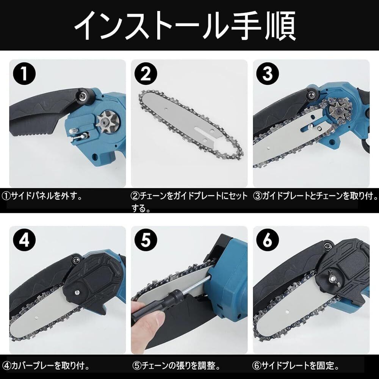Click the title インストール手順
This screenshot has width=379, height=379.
pyautogui.click(x=185, y=26)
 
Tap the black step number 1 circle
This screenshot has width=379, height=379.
pyautogui.click(x=24, y=74)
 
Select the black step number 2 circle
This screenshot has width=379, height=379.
pyautogui.click(x=146, y=74)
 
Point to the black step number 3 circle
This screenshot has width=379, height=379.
pyautogui.click(x=268, y=74)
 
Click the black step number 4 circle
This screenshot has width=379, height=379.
pyautogui.click(x=24, y=240)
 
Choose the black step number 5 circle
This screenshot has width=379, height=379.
pyautogui.click(x=146, y=240)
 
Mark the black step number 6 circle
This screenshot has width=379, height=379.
pyautogui.click(x=268, y=240)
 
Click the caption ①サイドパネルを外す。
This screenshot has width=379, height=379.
pyautogui.click(x=42, y=196)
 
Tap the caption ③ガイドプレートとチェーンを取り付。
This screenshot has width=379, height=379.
pyautogui.click(x=315, y=196)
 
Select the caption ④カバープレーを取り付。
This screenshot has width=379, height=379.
pyautogui.click(x=46, y=366)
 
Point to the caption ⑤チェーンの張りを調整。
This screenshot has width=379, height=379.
pyautogui.click(x=177, y=366)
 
